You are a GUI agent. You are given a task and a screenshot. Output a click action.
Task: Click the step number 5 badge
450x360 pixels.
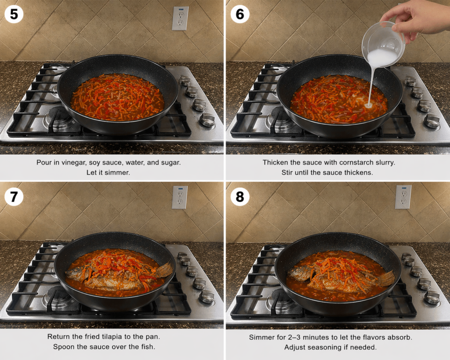(14, 14)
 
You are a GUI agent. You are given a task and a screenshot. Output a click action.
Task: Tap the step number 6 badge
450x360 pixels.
(240, 14)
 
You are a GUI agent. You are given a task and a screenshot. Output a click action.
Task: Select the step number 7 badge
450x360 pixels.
(14, 196)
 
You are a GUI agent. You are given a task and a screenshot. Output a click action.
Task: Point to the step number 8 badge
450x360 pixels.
(240, 196)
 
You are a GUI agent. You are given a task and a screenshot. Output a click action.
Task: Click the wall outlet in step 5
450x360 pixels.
(180, 18)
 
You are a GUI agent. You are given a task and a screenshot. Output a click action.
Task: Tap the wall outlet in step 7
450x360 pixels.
(180, 197)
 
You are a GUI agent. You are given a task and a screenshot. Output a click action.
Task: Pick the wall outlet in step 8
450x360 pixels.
(403, 196)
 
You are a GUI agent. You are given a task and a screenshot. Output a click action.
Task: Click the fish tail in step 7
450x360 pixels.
(164, 270)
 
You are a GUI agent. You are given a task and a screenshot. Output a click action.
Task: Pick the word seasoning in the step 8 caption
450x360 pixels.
(343, 347)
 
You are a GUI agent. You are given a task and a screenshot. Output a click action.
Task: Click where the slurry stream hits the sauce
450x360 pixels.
(368, 105)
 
